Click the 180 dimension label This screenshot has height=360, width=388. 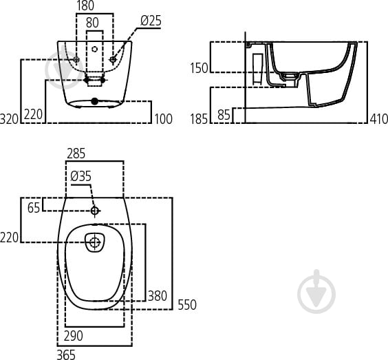point(85,7)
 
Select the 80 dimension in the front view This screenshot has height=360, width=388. point(92,21)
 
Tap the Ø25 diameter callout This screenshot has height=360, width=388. point(151,21)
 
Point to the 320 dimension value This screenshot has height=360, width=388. point(10,118)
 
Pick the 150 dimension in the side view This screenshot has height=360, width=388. point(199,67)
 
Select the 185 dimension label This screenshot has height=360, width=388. point(199,118)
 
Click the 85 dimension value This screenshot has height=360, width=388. point(224,115)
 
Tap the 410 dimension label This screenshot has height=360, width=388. point(378,118)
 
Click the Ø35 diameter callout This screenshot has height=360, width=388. point(80,176)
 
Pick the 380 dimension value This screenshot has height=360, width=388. point(158,296)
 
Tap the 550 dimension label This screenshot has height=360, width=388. point(187,304)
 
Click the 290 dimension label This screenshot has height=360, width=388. point(74,336)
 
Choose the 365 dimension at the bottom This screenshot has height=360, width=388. point(66,354)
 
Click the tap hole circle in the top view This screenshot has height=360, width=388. point(95,210)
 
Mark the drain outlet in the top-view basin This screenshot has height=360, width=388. point(94,242)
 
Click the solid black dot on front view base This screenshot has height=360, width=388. point(95,102)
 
